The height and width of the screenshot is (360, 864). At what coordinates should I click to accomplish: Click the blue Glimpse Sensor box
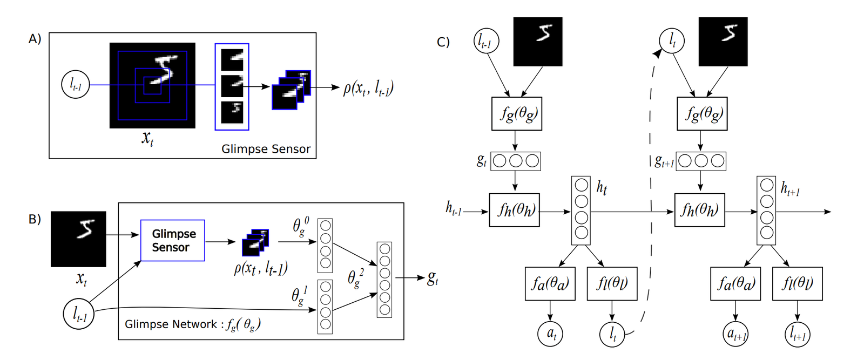pyautogui.click(x=172, y=240)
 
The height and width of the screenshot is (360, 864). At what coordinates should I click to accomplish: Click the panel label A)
pyautogui.click(x=35, y=39)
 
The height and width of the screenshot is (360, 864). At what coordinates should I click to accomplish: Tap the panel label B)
pyautogui.click(x=35, y=219)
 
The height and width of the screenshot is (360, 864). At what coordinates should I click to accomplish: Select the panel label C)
pyautogui.click(x=443, y=42)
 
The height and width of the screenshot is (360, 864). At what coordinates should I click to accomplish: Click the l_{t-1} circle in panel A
pyautogui.click(x=76, y=85)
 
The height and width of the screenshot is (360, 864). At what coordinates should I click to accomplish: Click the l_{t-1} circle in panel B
pyautogui.click(x=79, y=314)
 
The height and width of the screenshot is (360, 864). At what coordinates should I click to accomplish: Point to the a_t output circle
pyautogui.click(x=550, y=334)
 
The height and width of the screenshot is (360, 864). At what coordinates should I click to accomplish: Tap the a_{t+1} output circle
pyautogui.click(x=735, y=334)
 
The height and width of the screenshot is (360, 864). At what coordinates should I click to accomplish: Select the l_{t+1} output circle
pyautogui.click(x=797, y=334)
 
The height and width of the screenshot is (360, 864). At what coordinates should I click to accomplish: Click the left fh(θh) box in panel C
pyautogui.click(x=514, y=210)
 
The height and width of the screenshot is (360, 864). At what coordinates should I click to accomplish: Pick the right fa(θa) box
pyautogui.click(x=735, y=283)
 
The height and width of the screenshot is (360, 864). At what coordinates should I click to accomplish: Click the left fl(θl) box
pyautogui.click(x=612, y=283)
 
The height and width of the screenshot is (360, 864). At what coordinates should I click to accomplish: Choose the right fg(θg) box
pyautogui.click(x=702, y=114)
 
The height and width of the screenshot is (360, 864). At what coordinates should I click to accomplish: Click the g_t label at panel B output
pyautogui.click(x=433, y=279)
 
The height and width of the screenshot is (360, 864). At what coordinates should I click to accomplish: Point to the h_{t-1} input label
pyautogui.click(x=454, y=208)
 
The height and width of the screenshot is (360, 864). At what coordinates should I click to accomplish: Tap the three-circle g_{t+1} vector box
pyautogui.click(x=701, y=161)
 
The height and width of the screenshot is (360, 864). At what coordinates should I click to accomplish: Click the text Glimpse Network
pyautogui.click(x=171, y=324)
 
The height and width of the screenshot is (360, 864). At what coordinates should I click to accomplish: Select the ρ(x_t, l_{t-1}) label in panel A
pyautogui.click(x=368, y=87)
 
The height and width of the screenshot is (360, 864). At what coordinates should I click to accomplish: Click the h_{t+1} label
pyautogui.click(x=791, y=188)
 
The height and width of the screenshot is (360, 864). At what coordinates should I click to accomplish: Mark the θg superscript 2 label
pyautogui.click(x=355, y=279)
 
